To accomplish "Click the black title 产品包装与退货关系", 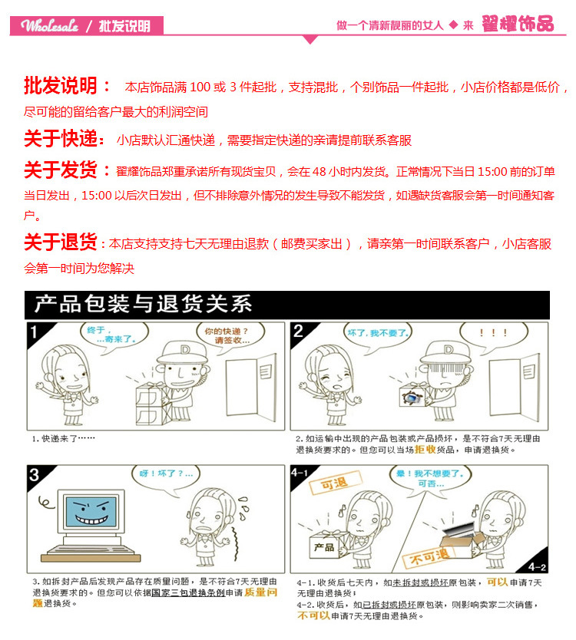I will pos(143,305).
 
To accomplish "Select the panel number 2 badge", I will pos(299,332).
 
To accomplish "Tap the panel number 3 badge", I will pos(35,476).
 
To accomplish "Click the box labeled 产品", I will pos(324,546).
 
